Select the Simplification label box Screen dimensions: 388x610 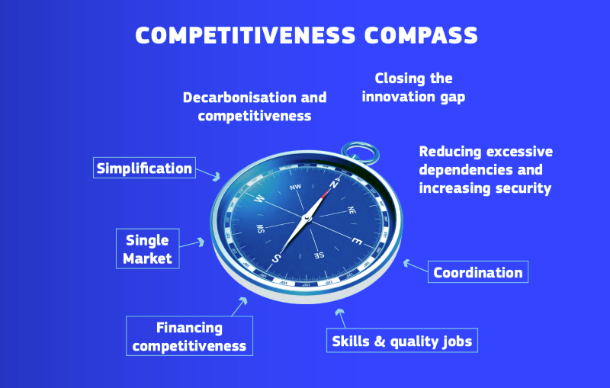tap(144, 168)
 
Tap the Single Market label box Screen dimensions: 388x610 tap(148, 249)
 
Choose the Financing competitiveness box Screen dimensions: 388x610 tap(190, 336)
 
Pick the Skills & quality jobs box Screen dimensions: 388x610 tap(402, 341)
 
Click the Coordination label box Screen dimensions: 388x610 tap(478, 272)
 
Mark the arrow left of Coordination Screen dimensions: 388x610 tap(414, 266)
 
